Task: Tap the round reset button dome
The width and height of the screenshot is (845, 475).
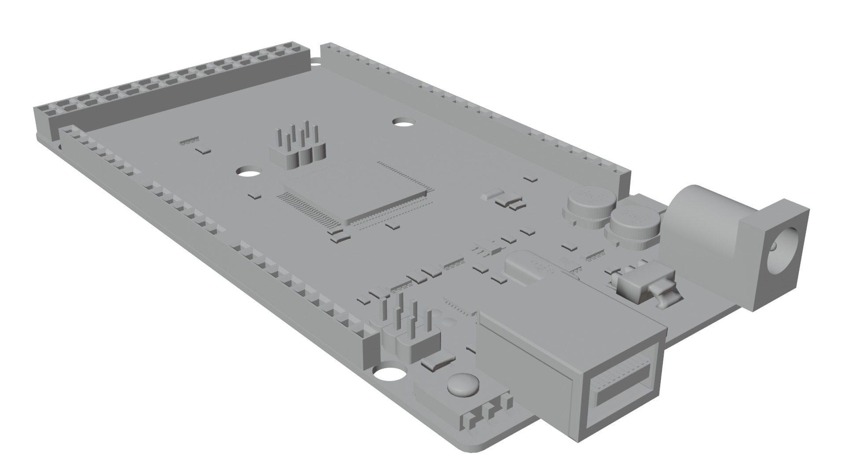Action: click(x=463, y=384)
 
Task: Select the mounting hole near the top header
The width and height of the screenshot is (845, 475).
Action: click(x=402, y=122)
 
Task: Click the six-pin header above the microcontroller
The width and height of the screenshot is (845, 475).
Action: click(x=298, y=150)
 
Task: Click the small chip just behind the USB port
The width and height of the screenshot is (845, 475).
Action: click(x=460, y=308)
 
